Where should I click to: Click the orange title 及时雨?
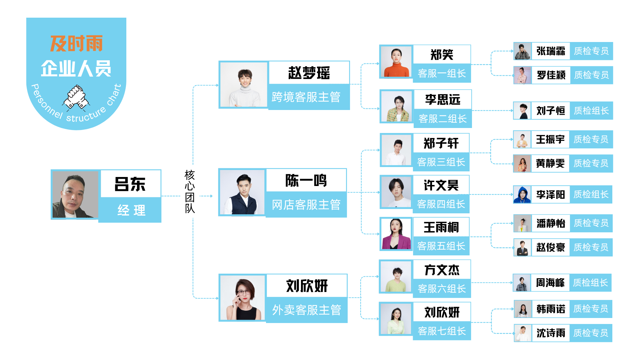pos(76,44)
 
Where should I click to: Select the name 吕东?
pos(130,184)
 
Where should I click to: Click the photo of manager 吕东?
pos(75,195)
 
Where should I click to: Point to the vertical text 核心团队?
pos(190,192)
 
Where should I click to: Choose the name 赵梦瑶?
pos(309,73)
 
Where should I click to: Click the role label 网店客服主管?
pos(306,205)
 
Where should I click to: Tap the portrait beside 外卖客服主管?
pos(242,298)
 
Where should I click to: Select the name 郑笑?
pos(442,55)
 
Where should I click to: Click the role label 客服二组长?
pos(442,119)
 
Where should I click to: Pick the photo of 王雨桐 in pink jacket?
pos(396,234)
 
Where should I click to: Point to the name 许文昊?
pos(441,185)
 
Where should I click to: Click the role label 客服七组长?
pos(442,331)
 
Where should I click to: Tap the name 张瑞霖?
pos(551,51)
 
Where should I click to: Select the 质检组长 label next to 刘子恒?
pos(591,111)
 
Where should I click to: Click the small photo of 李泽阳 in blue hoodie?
pos(522,194)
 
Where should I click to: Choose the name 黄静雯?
pos(550,163)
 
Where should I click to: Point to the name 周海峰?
pos(550,283)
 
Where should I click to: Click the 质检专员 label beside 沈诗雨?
pos(591,333)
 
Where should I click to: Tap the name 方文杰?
pos(442,270)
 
